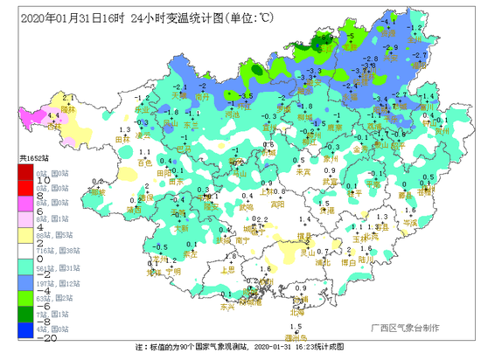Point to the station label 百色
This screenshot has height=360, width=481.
(144, 163)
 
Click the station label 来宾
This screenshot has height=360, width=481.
(303, 172)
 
